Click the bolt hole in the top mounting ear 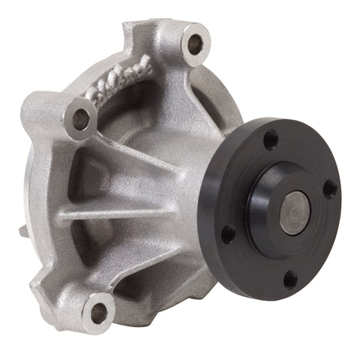coord(195,45)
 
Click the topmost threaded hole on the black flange coord(271,139)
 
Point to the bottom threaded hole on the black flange coord(290,280)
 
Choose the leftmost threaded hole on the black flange coord(228,233)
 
